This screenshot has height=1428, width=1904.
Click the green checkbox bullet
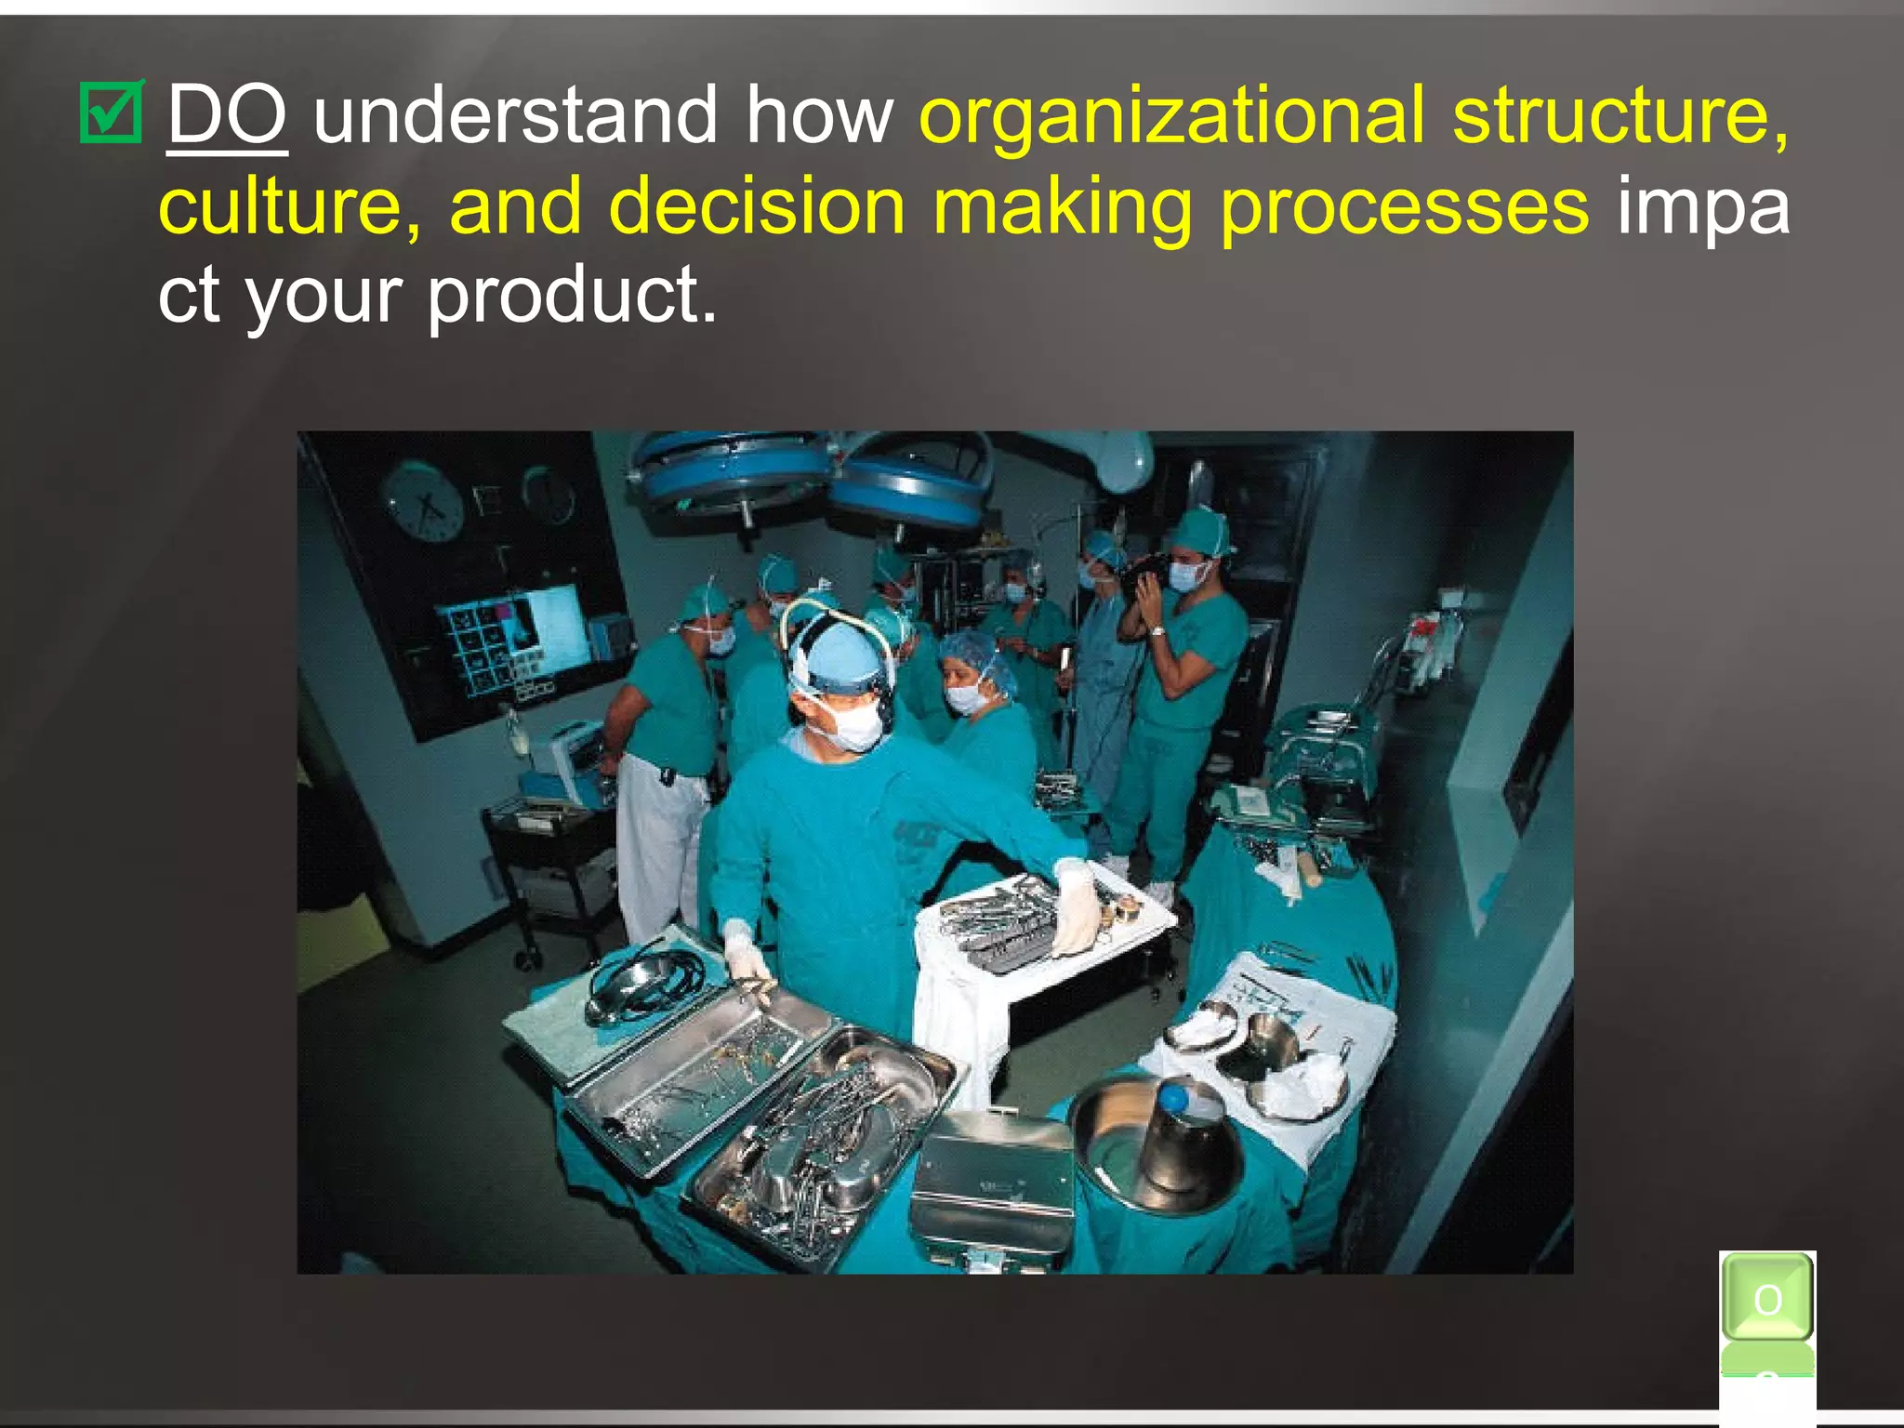point(112,114)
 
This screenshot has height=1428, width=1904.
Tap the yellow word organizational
point(1171,117)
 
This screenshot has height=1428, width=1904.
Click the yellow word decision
point(757,206)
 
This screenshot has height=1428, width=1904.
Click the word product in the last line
point(572,296)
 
